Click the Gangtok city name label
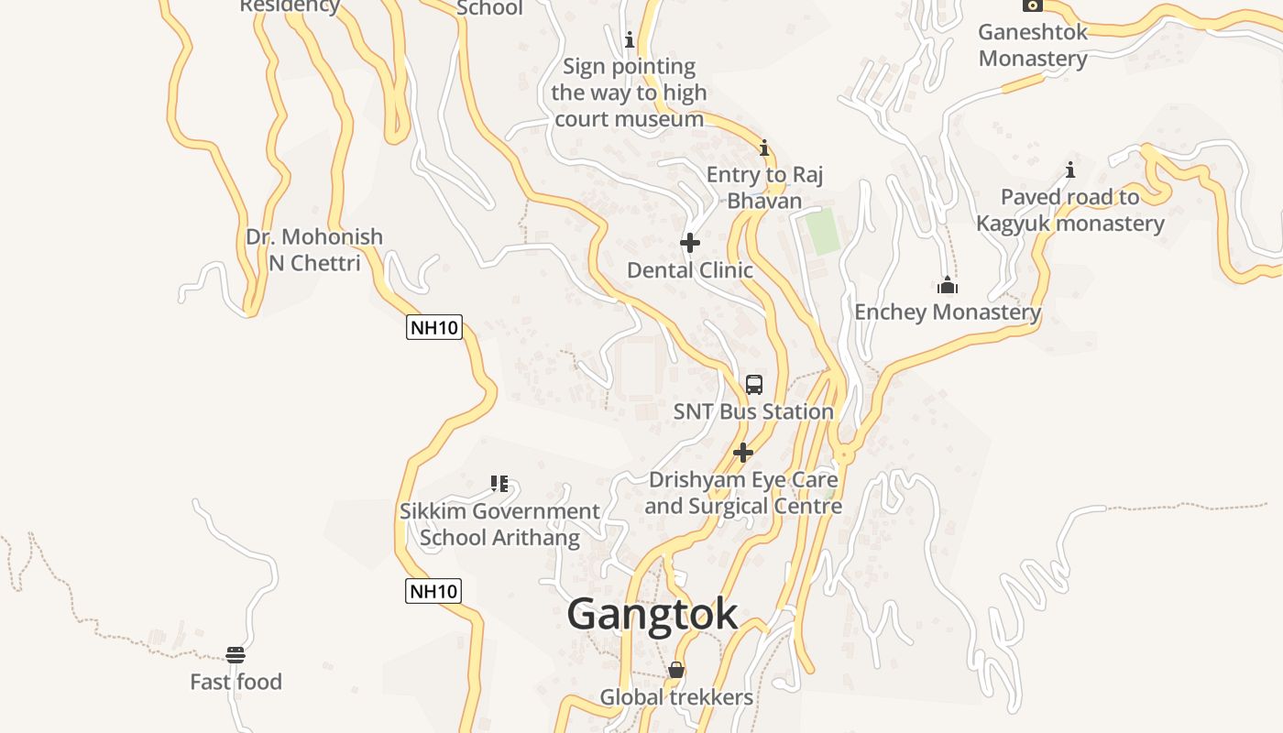click(x=652, y=614)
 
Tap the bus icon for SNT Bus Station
click(x=754, y=385)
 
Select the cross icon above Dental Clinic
click(x=690, y=243)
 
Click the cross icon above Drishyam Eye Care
click(x=743, y=453)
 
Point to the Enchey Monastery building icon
click(x=948, y=286)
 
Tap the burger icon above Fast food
click(x=236, y=655)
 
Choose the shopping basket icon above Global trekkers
click(x=676, y=671)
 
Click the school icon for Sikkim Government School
click(x=499, y=484)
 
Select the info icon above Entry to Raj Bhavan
click(x=764, y=148)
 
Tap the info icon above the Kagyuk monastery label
click(x=1069, y=170)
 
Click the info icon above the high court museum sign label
click(x=630, y=40)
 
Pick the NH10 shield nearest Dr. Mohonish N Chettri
click(x=434, y=327)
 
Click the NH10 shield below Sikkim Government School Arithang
click(x=433, y=591)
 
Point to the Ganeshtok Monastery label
click(x=1033, y=45)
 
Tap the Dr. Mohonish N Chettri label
click(x=314, y=249)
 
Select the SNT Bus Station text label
click(x=753, y=412)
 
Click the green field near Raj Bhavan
click(x=823, y=231)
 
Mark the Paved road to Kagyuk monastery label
click(x=1070, y=210)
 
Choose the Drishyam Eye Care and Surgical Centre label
click(x=743, y=493)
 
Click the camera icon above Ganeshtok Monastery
click(x=1033, y=5)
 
